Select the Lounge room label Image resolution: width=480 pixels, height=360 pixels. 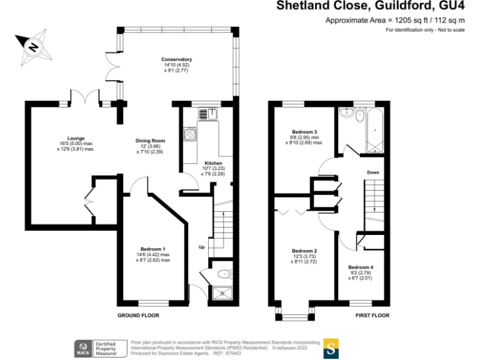tap(76, 138)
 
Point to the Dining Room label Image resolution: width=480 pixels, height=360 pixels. tap(150, 141)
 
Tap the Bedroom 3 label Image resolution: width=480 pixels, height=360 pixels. tap(304, 132)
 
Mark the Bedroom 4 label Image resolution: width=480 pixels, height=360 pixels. tap(361, 267)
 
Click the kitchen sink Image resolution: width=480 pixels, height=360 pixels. tap(207, 113)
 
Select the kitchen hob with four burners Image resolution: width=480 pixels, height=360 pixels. tap(190, 134)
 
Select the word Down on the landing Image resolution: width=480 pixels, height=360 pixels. tap(372, 172)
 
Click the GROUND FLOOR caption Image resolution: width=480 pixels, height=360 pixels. tap(138, 316)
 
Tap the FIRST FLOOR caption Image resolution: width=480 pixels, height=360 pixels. tap(372, 316)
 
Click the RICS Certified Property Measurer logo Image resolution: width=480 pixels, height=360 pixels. tap(99, 347)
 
